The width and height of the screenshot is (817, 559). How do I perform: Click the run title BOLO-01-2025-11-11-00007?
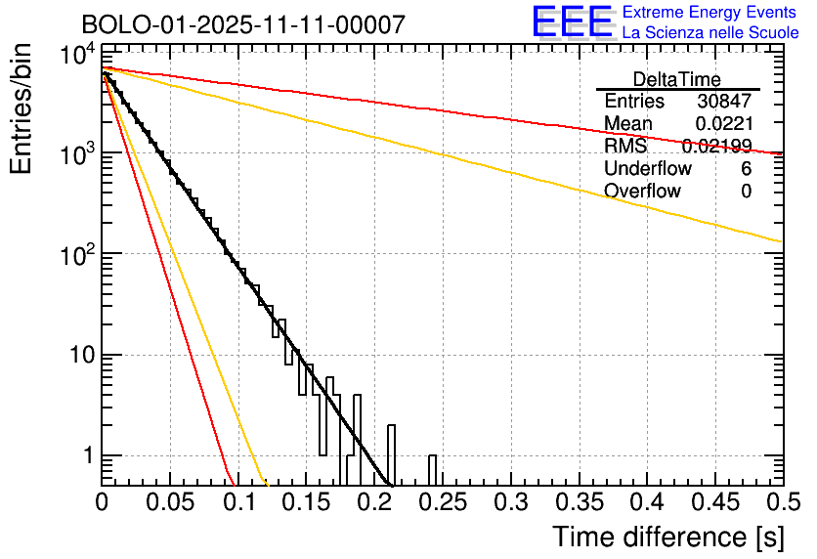pos(242,24)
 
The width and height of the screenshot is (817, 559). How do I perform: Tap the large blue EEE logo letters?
pos(572,21)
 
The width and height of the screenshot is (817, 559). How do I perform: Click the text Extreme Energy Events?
pos(710,13)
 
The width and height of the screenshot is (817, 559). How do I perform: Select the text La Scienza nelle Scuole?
pos(710,32)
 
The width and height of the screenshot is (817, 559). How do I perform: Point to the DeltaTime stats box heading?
pos(677,79)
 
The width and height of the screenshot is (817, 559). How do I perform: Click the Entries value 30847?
pos(724,102)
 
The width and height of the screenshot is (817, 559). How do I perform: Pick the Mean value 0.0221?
pos(723,124)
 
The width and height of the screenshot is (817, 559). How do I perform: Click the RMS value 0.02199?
pos(716,147)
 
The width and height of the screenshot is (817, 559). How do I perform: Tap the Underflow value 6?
pos(746,169)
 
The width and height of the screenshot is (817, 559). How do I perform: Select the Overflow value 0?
pos(746,192)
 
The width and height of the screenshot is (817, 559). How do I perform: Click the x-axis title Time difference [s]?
pos(666,537)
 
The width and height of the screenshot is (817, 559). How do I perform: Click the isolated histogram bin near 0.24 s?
pos(432,469)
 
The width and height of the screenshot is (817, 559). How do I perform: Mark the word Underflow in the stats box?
pos(648,169)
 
